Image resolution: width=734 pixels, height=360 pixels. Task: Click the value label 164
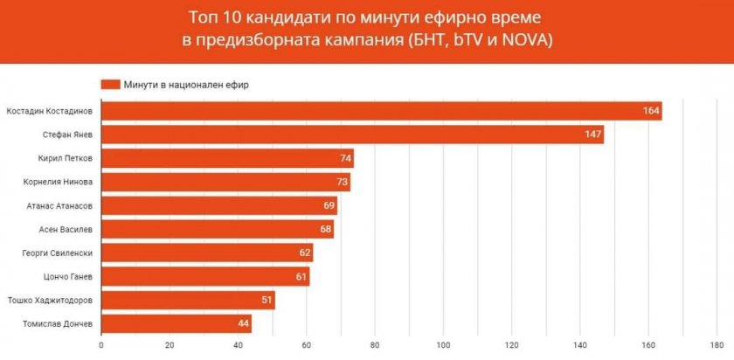tap(649, 112)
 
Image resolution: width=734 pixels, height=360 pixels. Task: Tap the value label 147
tap(592, 135)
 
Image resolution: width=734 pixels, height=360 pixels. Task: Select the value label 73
tap(342, 183)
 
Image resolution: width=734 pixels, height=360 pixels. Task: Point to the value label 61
tap(301, 277)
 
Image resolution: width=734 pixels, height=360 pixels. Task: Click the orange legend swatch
tap(110, 85)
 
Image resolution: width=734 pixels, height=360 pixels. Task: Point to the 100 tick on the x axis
tap(444, 344)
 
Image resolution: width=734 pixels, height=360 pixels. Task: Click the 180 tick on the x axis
tap(717, 344)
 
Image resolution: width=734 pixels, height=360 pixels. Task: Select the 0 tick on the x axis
tap(101, 344)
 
